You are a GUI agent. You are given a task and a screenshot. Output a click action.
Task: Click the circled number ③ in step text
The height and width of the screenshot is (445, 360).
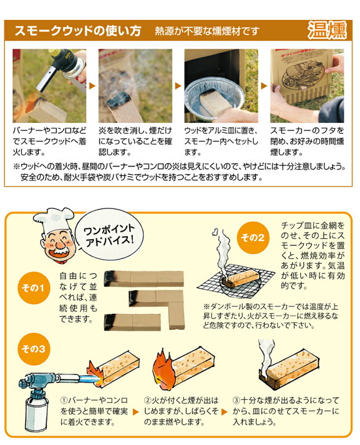point(237,400)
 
